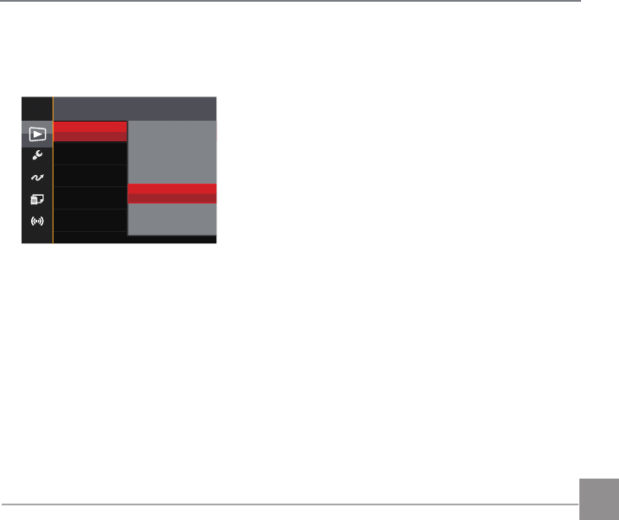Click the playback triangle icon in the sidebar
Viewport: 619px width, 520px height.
pos(37,134)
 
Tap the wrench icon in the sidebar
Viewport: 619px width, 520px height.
pos(37,154)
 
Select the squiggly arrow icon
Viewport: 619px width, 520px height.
pos(37,177)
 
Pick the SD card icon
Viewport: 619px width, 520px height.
pos(37,199)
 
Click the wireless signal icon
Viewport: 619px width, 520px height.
pos(37,221)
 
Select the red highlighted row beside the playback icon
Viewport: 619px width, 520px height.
pos(91,131)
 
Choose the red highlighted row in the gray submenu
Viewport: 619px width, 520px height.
pos(172,193)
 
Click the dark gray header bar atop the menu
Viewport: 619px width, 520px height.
pos(134,108)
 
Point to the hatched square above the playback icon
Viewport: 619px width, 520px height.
pos(37,109)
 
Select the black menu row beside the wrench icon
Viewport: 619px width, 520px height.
pos(91,153)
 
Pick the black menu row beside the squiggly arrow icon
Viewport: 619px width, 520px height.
pos(91,176)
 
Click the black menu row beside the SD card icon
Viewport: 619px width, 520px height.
pos(91,198)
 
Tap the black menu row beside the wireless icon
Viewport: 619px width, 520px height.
pos(91,221)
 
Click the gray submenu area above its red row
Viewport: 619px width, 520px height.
pos(172,152)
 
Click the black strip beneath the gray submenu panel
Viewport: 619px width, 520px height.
pos(172,239)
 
